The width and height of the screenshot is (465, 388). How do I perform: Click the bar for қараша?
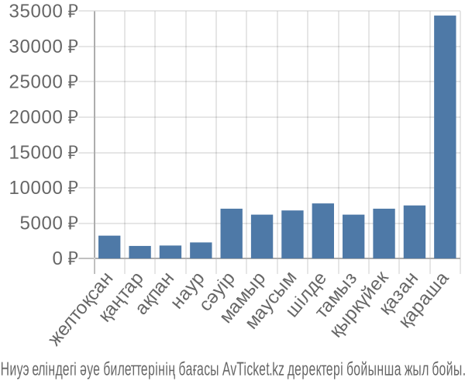445,137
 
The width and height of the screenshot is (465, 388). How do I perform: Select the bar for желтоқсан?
109,247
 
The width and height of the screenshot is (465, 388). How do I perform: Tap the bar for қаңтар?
140,252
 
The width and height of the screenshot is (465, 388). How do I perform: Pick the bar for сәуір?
231,234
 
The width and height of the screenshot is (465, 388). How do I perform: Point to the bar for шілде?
323,230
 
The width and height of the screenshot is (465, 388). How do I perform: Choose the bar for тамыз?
353,237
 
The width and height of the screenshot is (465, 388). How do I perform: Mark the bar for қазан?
415,232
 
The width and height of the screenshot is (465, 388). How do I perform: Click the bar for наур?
201,250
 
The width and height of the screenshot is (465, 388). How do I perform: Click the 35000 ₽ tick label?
43,12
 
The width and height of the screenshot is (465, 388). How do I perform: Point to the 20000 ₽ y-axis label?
43,117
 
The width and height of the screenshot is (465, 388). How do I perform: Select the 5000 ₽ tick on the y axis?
49,223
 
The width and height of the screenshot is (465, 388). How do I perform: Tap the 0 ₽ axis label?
65,258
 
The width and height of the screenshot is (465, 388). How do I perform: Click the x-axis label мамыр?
243,297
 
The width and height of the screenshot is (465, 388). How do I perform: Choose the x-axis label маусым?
271,300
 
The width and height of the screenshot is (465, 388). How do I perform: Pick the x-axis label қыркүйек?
360,305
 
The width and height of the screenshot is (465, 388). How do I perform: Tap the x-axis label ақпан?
155,293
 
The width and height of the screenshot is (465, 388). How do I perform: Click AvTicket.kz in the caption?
253,369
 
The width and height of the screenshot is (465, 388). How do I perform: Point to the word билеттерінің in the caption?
139,369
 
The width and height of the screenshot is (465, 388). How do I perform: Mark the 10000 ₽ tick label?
43,188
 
